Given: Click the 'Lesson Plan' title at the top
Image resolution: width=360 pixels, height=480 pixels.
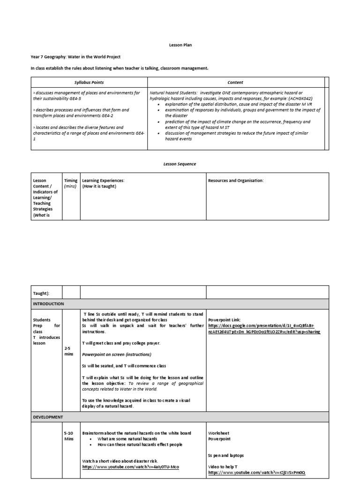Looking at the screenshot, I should (180, 45).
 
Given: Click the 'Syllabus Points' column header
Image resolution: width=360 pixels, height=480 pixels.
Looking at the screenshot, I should (89, 82).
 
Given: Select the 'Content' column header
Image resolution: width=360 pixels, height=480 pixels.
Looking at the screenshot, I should (235, 82).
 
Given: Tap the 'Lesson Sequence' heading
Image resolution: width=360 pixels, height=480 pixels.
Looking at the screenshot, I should (180, 164).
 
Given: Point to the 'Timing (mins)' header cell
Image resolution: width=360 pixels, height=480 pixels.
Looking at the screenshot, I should (71, 183).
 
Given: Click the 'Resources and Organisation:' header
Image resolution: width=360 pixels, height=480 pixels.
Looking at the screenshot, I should (236, 180).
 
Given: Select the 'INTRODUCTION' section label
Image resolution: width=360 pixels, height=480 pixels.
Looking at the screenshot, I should (48, 304).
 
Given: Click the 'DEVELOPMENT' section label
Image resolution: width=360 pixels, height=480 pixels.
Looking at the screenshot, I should (48, 417).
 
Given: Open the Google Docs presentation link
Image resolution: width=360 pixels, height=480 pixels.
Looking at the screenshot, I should (264, 328).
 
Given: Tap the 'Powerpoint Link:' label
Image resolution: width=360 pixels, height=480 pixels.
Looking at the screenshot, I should (224, 319).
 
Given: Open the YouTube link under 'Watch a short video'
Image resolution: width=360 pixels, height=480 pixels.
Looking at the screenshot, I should (130, 467).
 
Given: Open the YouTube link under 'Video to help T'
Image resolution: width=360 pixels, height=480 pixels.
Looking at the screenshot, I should (257, 472).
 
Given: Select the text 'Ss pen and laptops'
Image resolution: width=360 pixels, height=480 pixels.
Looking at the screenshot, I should (226, 455).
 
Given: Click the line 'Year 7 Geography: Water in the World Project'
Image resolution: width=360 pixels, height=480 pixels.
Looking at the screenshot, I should (75, 57).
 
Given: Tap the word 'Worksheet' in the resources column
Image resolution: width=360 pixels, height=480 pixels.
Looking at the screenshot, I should (218, 433).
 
